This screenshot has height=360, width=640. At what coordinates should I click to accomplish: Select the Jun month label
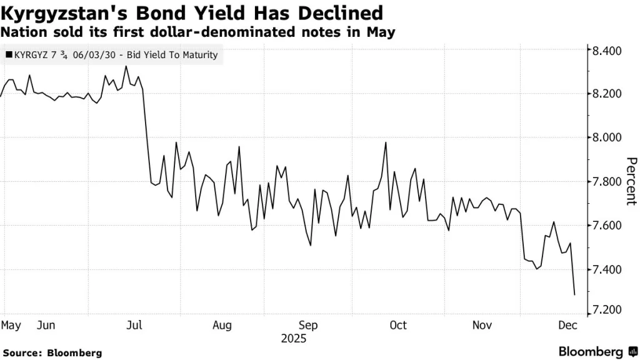tap(46, 325)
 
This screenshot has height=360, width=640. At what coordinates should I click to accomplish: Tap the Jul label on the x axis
tap(134, 325)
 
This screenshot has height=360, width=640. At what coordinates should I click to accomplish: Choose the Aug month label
tap(222, 325)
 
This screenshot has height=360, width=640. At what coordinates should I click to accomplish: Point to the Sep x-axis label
tap(308, 325)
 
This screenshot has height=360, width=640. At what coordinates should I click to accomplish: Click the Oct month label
tap(398, 325)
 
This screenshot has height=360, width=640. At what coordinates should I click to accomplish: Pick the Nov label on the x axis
tap(482, 325)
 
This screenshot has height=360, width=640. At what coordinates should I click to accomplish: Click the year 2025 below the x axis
tap(293, 338)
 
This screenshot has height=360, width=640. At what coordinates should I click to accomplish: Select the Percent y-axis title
tap(631, 181)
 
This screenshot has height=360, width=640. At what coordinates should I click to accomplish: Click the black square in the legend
tap(8, 55)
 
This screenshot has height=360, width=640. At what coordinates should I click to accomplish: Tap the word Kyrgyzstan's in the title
tap(57, 12)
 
